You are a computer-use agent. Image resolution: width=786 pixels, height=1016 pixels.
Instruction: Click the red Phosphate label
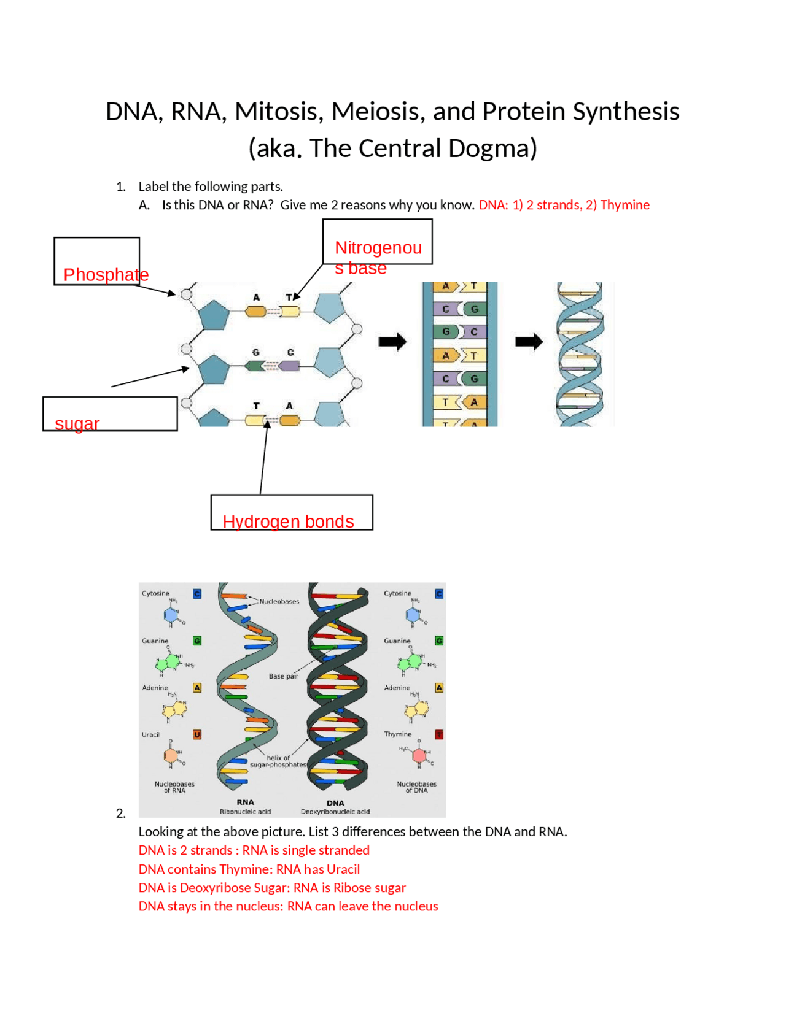click(106, 275)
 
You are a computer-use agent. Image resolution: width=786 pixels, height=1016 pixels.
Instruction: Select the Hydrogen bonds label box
click(291, 513)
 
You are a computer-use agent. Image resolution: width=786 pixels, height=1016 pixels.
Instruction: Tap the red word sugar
click(77, 424)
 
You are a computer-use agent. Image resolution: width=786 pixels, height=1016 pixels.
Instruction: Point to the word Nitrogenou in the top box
click(378, 248)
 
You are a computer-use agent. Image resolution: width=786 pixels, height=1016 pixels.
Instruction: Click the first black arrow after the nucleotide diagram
click(392, 342)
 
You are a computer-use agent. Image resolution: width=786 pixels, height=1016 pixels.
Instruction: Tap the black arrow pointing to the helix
click(529, 342)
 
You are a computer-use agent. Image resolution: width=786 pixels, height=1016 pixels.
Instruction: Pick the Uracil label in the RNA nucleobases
click(150, 735)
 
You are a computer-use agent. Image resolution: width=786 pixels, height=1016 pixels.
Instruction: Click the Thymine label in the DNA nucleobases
click(397, 734)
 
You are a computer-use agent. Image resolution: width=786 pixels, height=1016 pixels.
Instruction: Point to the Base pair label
click(283, 676)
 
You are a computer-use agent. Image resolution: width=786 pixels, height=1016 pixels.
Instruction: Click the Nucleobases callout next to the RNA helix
click(279, 602)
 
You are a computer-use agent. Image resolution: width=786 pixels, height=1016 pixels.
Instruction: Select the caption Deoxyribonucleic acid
click(335, 812)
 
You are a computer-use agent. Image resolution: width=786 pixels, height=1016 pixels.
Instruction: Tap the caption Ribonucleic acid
click(245, 812)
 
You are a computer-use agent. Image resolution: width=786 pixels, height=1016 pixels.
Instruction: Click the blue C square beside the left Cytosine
click(197, 594)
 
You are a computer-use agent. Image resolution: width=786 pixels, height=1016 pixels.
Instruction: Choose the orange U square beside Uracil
click(197, 735)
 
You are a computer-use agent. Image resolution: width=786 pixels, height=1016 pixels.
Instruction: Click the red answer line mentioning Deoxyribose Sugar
click(271, 888)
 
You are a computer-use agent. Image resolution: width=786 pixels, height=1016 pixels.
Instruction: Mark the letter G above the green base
click(256, 353)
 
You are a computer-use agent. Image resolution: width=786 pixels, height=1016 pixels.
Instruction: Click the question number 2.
click(121, 814)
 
